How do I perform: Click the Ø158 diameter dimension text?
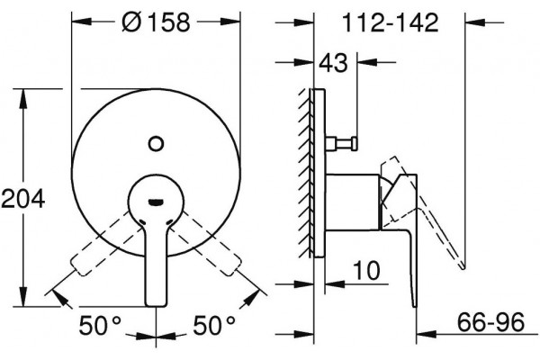(x=156, y=22)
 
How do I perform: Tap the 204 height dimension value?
(x=23, y=198)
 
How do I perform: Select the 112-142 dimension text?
(x=391, y=22)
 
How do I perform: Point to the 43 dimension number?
(x=333, y=63)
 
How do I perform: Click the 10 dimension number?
(x=367, y=270)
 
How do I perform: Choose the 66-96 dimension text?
(x=491, y=322)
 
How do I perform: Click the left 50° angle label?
(x=100, y=325)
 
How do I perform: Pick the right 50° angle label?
(x=214, y=325)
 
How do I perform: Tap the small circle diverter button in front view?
(x=156, y=143)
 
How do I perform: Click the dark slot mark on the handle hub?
(x=156, y=202)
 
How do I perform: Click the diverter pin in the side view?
(x=340, y=143)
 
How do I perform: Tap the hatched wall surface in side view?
(x=305, y=173)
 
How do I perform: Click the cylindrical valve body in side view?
(x=352, y=202)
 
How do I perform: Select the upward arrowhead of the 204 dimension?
(x=23, y=98)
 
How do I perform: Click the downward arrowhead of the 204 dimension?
(x=23, y=296)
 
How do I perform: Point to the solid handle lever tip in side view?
(x=415, y=306)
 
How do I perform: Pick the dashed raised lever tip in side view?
(x=463, y=265)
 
